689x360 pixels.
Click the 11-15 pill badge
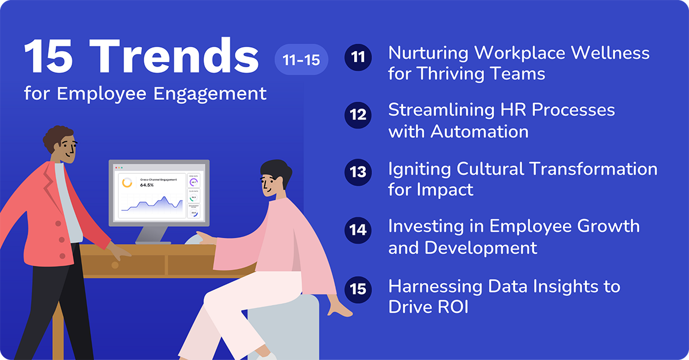pos(301,59)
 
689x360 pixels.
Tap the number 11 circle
pos(358,58)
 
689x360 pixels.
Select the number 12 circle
pos(358,115)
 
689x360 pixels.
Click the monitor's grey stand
pos(153,233)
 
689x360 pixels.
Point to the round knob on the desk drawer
pos(115,265)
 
